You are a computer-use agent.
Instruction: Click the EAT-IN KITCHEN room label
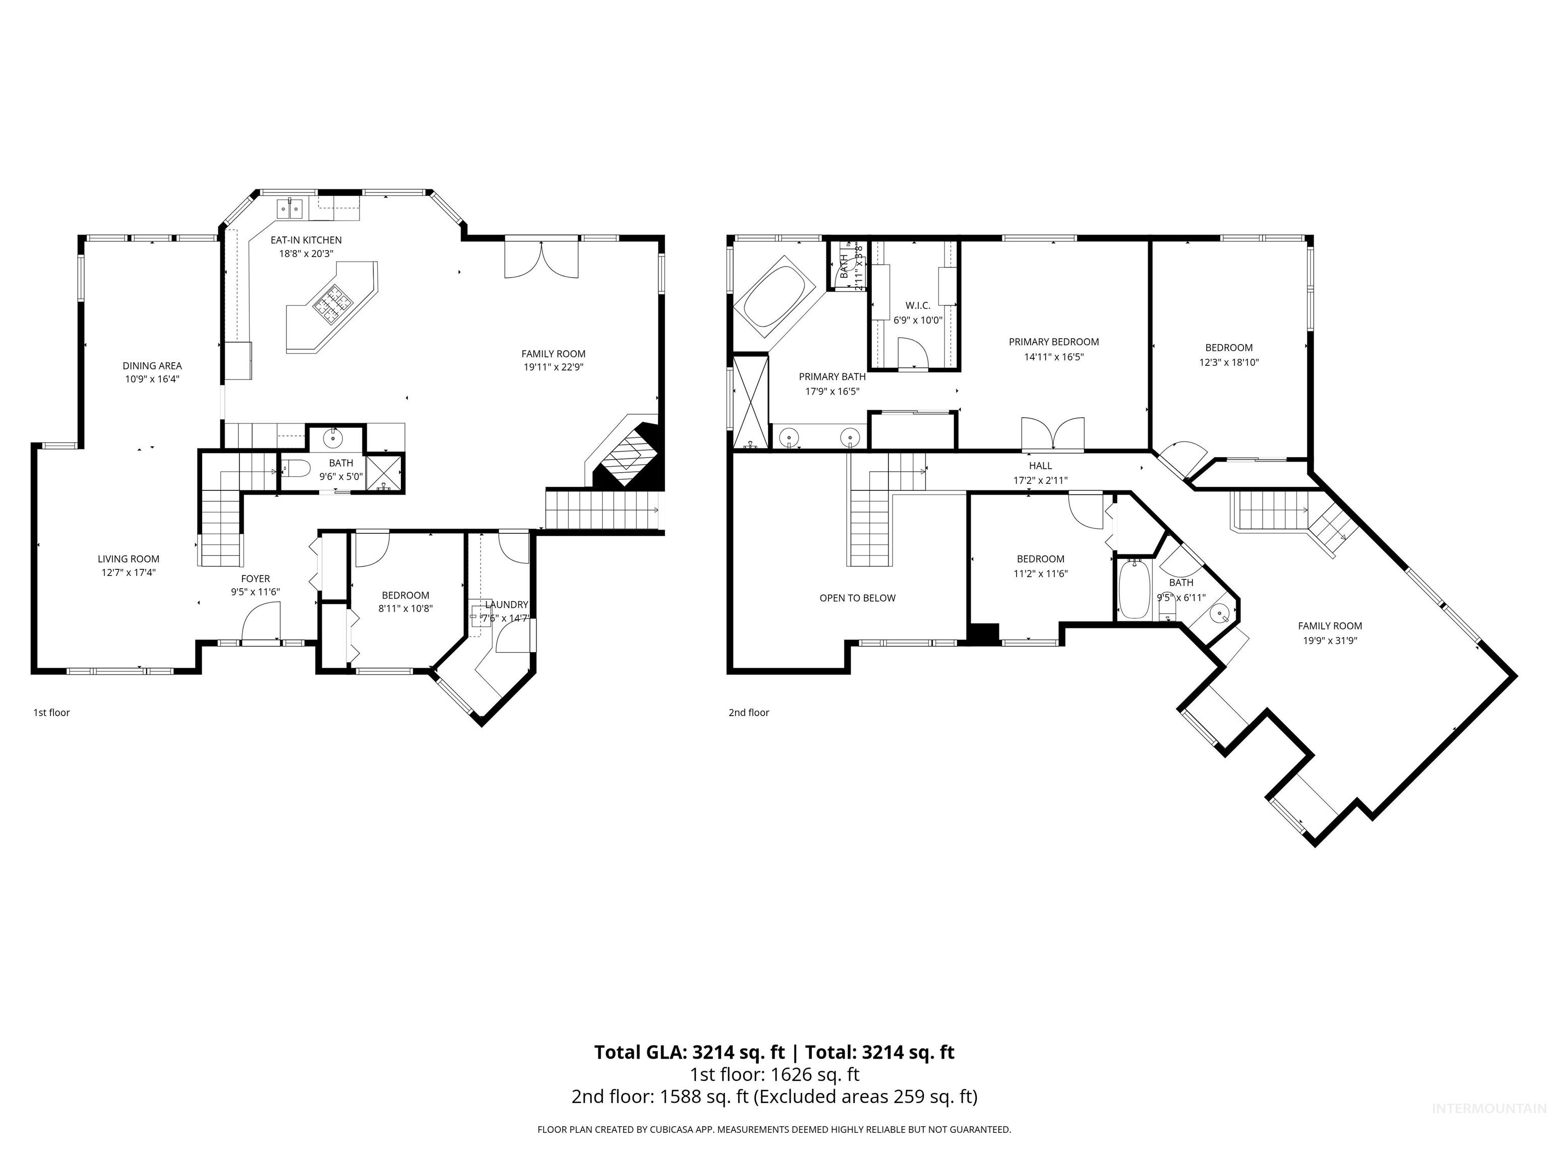tap(306, 240)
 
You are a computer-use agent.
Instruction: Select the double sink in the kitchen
tap(289, 208)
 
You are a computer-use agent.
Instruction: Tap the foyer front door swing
tap(261, 622)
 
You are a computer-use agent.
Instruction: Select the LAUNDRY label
tap(506, 605)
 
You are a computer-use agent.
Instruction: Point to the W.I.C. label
tap(917, 305)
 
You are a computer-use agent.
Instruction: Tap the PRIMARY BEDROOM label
tap(1053, 342)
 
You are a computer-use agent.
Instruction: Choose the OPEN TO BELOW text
tap(857, 598)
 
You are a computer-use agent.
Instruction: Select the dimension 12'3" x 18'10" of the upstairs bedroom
tap(1228, 362)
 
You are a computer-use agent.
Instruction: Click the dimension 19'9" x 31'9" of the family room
tap(1329, 640)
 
